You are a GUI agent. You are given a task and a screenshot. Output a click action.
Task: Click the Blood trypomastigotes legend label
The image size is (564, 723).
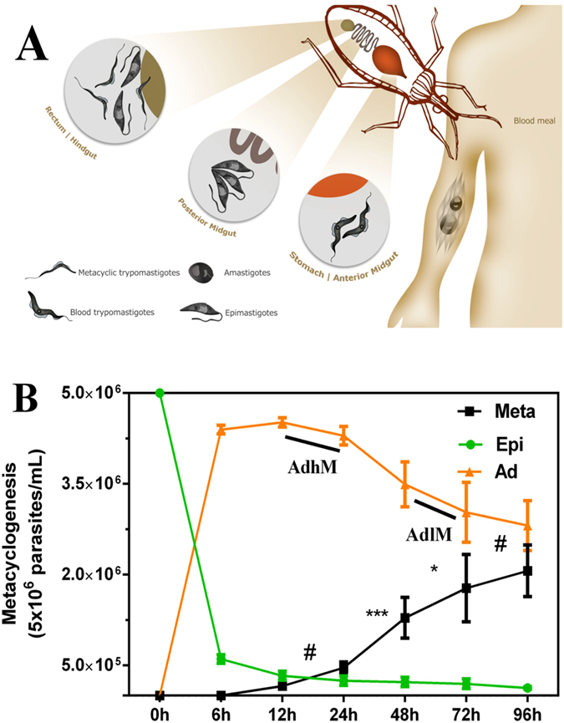click(x=114, y=313)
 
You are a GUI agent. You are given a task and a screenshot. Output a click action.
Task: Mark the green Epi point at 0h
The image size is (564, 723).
click(x=160, y=393)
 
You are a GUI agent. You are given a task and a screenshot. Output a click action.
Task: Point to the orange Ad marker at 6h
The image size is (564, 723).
click(x=221, y=430)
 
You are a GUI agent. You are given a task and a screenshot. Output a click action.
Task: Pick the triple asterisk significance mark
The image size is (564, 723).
click(x=379, y=615)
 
